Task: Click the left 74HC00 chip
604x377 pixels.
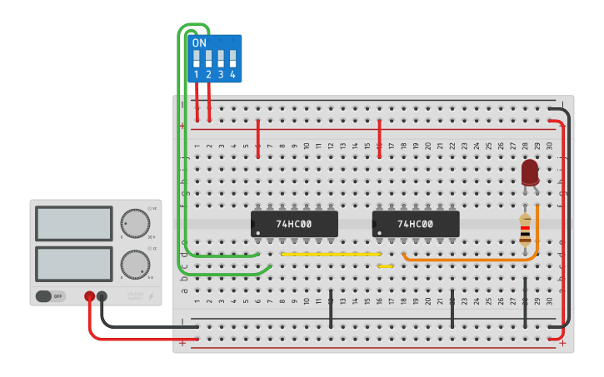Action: tap(294, 224)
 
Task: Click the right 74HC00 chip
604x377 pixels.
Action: tap(415, 224)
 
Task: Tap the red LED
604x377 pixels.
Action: tap(530, 172)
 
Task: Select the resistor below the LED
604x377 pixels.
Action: tap(525, 231)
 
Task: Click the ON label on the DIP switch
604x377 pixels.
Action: tap(199, 43)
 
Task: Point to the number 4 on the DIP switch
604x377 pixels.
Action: tap(232, 75)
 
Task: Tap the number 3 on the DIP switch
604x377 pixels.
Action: tap(221, 75)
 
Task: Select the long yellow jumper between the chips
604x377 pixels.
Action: tap(331, 254)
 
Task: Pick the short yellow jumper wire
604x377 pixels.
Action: tap(385, 266)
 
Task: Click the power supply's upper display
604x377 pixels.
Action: tap(74, 223)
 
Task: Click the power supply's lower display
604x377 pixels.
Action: tap(74, 263)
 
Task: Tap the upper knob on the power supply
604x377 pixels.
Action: tap(135, 223)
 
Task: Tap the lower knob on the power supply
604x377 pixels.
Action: tap(135, 264)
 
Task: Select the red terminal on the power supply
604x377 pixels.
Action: tap(89, 295)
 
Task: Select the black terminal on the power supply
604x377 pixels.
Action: tap(102, 295)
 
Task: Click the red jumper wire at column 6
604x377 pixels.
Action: tap(258, 137)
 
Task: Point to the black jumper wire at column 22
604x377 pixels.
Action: tap(452, 309)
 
